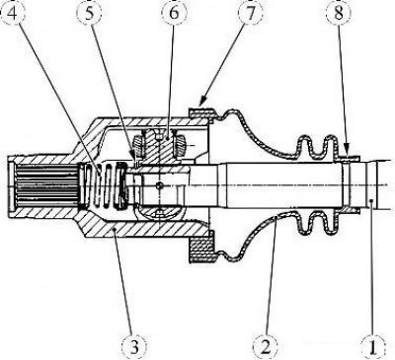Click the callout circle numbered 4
pyautogui.click(x=13, y=14)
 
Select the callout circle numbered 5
pyautogui.click(x=89, y=14)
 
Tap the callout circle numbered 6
pyautogui.click(x=174, y=14)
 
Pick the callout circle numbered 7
pyautogui.click(x=251, y=14)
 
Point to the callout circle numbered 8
pyautogui.click(x=339, y=14)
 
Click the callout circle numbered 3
pyautogui.click(x=134, y=346)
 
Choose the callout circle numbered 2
pyautogui.click(x=266, y=346)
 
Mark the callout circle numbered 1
pyautogui.click(x=373, y=346)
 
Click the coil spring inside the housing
pyautogui.click(x=103, y=185)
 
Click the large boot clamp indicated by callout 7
pyautogui.click(x=201, y=112)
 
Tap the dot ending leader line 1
pyautogui.click(x=370, y=200)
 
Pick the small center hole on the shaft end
pyautogui.click(x=160, y=186)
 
